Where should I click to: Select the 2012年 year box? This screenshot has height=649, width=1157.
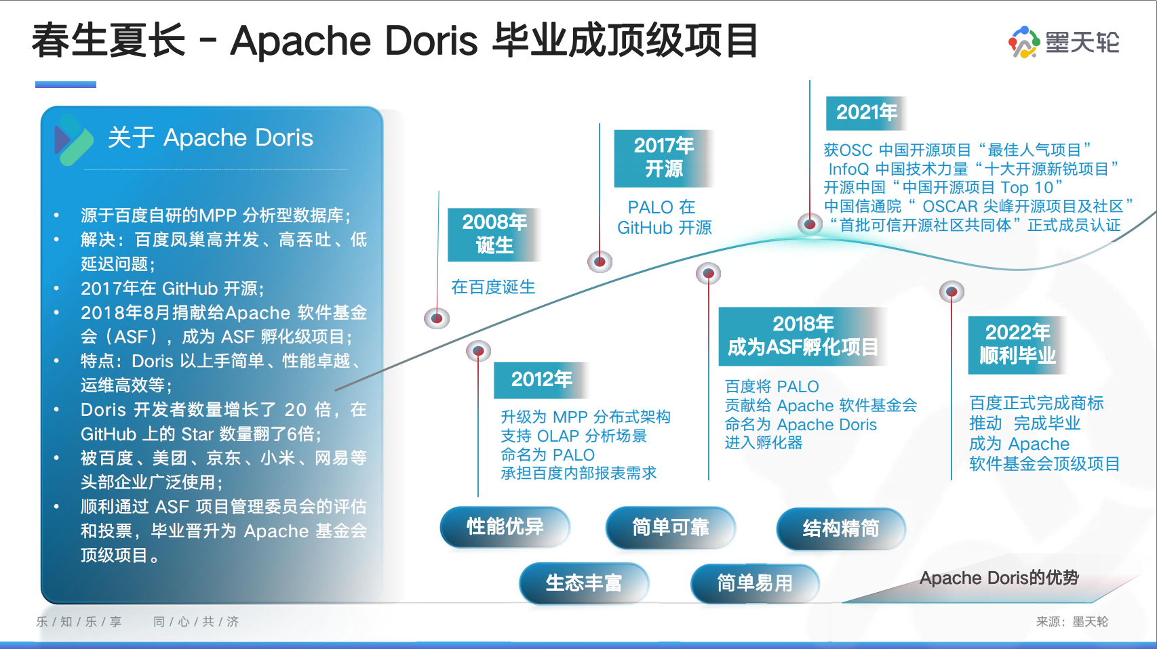pyautogui.click(x=541, y=380)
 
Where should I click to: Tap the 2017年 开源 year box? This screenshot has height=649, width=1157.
pyautogui.click(x=664, y=159)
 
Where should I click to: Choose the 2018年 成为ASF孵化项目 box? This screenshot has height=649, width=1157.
pyautogui.click(x=803, y=337)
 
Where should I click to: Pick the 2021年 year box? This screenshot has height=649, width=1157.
pyautogui.click(x=866, y=113)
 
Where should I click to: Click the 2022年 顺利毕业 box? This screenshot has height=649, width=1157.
pyautogui.click(x=1017, y=345)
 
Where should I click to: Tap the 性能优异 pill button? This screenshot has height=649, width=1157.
pyautogui.click(x=505, y=527)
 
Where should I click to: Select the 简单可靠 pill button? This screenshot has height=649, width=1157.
pyautogui.click(x=671, y=527)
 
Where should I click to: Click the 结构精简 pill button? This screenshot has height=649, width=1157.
pyautogui.click(x=841, y=528)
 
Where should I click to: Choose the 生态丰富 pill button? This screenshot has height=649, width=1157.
pyautogui.click(x=584, y=583)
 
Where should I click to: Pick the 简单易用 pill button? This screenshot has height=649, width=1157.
pyautogui.click(x=755, y=583)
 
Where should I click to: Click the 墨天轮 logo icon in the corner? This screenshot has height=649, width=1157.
pyautogui.click(x=1024, y=42)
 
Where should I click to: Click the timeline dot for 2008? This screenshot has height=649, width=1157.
pyautogui.click(x=437, y=318)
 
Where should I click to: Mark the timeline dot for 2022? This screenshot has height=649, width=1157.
pyautogui.click(x=952, y=293)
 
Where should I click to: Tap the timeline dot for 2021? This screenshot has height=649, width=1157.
pyautogui.click(x=810, y=224)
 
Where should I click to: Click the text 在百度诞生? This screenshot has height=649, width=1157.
pyautogui.click(x=493, y=287)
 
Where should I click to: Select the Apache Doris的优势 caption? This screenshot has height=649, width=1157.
pyautogui.click(x=999, y=578)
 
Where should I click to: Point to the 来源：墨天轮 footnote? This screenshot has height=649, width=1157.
pyautogui.click(x=1072, y=622)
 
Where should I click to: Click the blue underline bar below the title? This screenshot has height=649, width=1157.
pyautogui.click(x=66, y=85)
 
